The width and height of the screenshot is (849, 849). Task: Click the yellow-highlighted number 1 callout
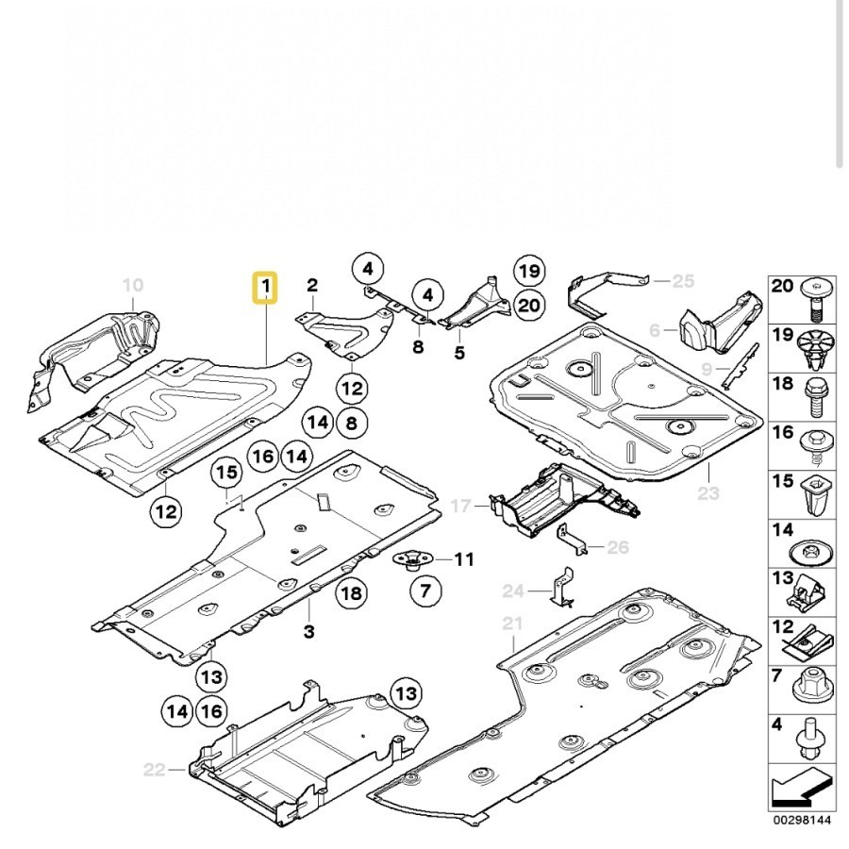click(x=266, y=286)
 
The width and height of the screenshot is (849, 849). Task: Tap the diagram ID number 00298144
click(x=802, y=820)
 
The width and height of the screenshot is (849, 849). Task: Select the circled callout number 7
click(x=424, y=591)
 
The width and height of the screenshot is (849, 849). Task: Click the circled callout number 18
click(x=351, y=592)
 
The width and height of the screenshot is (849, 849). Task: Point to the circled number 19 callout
click(x=530, y=272)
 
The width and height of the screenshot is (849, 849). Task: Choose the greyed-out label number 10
click(x=133, y=284)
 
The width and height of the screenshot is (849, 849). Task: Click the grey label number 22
click(x=155, y=770)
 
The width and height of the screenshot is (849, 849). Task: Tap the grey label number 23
click(x=708, y=492)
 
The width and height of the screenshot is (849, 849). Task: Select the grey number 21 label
click(x=512, y=624)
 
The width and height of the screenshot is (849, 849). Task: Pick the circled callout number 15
click(x=225, y=473)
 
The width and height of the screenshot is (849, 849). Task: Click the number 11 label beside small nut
click(x=463, y=559)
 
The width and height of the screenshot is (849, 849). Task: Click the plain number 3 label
click(x=309, y=631)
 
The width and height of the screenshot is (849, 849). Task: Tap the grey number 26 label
click(x=617, y=546)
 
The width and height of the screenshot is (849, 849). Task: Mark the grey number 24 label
click(x=512, y=591)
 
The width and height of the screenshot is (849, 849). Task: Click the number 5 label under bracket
click(x=459, y=354)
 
